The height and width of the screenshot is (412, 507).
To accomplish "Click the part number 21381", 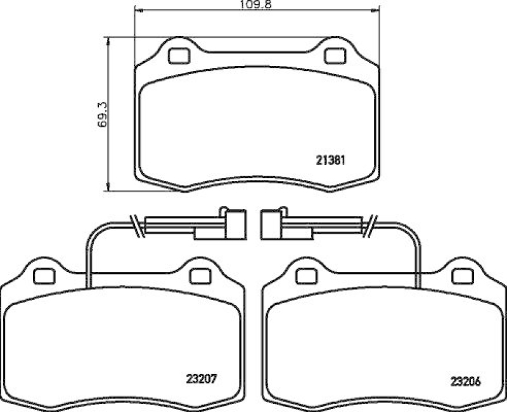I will [329, 161].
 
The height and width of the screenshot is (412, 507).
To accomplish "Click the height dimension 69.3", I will [102, 114].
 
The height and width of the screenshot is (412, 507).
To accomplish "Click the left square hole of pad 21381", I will [178, 56].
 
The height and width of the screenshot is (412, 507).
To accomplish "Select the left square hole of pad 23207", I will [44, 276].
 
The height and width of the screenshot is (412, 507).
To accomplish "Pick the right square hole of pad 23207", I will [200, 276].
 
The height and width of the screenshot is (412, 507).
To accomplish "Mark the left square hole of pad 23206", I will [306, 276].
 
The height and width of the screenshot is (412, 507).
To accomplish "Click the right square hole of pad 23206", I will [462, 276].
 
